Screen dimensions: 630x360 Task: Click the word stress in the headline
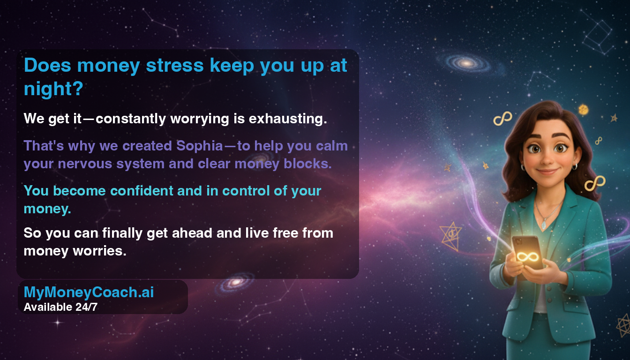pos(175,66)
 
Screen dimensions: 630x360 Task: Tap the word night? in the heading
pos(53,89)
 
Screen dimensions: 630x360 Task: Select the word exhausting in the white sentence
pos(288,119)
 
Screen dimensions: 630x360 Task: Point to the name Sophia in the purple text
pos(200,146)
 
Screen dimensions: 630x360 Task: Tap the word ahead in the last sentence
pos(192,233)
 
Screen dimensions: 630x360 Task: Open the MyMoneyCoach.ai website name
pos(89,292)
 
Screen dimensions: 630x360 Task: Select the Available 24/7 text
pos(61,307)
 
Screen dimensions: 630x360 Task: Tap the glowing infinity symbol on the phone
pos(527,256)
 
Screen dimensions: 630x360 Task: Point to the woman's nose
pos(547,159)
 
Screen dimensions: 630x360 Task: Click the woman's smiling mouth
pos(547,172)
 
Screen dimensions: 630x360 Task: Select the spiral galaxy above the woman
pos(467,63)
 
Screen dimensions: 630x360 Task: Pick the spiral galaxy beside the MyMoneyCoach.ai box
pos(236,282)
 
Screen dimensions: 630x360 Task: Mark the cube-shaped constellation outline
pos(598,37)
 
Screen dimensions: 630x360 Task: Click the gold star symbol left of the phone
pos(451,236)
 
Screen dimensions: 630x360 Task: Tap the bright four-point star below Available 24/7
pos(58,322)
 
